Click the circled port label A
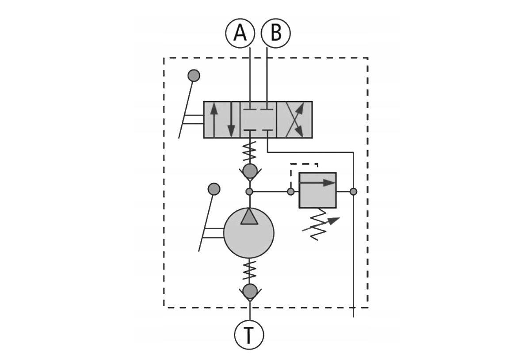[x=240, y=33]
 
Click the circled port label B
[x=275, y=33]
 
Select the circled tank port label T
[x=249, y=334]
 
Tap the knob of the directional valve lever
[x=194, y=76]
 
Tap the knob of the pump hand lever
[x=214, y=189]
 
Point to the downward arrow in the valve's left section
[x=231, y=120]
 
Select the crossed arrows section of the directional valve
[x=294, y=120]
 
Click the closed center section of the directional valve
[x=258, y=120]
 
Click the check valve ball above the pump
[x=250, y=171]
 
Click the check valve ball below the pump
[x=250, y=291]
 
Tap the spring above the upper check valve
[x=249, y=151]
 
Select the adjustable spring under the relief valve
[x=319, y=224]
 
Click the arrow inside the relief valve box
[x=317, y=182]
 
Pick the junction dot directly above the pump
[x=249, y=192]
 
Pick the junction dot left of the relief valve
[x=291, y=192]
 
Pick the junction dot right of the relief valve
[x=353, y=192]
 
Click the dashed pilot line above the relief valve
[x=304, y=164]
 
